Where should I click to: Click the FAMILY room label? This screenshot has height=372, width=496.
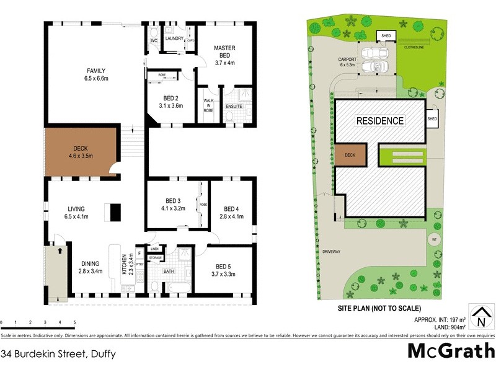click(x=96, y=70)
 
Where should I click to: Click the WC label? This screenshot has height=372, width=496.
click(x=154, y=42)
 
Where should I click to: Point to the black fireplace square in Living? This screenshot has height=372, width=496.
click(x=114, y=212)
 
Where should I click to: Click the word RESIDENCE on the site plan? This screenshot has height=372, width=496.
click(x=379, y=120)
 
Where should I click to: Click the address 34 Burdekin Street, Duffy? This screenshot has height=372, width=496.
click(x=57, y=355)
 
